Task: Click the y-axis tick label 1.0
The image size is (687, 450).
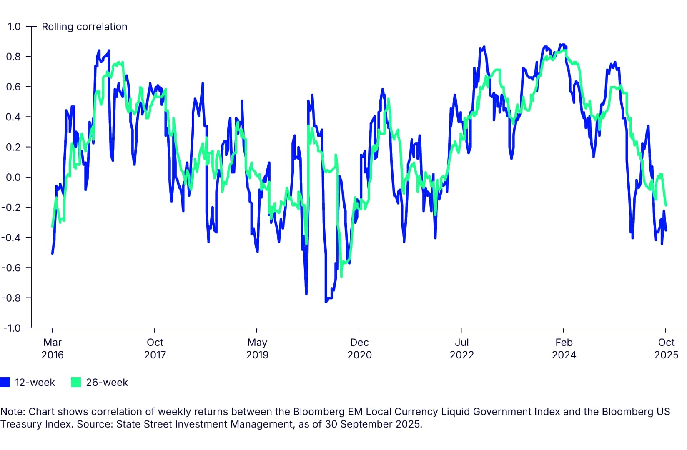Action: pos(14,26)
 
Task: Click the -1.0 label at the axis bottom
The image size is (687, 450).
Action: pos(11,328)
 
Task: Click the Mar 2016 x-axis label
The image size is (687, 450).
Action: pos(53,348)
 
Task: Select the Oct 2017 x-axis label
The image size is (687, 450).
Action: pos(155,348)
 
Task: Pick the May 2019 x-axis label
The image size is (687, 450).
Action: pos(257,348)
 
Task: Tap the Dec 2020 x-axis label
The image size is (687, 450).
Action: pos(359,348)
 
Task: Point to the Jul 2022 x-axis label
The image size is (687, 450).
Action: pos(461,348)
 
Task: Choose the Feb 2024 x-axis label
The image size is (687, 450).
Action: pos(564,348)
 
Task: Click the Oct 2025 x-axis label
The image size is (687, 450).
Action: pos(666,348)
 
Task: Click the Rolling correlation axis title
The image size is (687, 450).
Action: pos(84,27)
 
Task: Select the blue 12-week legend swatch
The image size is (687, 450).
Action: pos(5,382)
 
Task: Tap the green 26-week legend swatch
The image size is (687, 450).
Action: pos(76,382)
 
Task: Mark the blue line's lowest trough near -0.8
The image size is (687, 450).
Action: pos(326,301)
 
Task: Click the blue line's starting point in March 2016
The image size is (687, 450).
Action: pos(52,253)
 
